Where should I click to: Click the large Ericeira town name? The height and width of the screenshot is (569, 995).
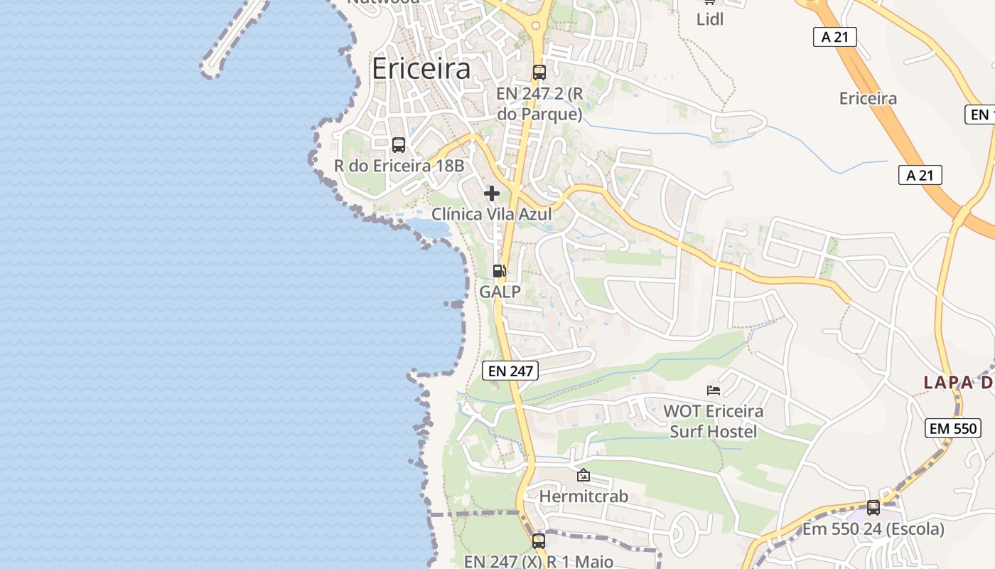[x=421, y=69]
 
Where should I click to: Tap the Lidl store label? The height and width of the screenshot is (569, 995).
[x=710, y=19]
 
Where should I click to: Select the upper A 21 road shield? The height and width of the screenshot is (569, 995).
[x=835, y=37]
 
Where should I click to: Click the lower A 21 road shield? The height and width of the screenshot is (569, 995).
[x=920, y=175]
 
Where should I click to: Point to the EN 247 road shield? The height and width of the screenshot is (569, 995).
[x=510, y=370]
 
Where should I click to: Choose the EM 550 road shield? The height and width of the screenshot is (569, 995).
[x=953, y=428]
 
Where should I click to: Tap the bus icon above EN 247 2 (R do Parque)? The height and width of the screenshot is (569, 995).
[x=539, y=72]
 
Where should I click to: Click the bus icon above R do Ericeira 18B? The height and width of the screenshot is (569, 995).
[x=399, y=145]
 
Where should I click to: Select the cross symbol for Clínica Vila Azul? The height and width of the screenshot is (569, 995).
[x=491, y=193]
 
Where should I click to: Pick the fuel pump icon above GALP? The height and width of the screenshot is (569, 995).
[x=499, y=271]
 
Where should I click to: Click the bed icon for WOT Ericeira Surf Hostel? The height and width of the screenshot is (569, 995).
[x=714, y=390]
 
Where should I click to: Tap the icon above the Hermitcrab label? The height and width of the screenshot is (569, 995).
[x=583, y=475]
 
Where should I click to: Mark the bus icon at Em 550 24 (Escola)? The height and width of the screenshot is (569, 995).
[x=873, y=508]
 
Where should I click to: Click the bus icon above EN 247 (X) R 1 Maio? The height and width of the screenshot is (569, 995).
[x=539, y=541]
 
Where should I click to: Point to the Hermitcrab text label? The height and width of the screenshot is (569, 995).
[x=583, y=496]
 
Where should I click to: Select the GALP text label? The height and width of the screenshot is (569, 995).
[x=500, y=292]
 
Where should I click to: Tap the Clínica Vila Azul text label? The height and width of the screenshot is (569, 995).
[x=492, y=214]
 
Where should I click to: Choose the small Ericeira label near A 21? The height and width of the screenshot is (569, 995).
[x=868, y=99]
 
